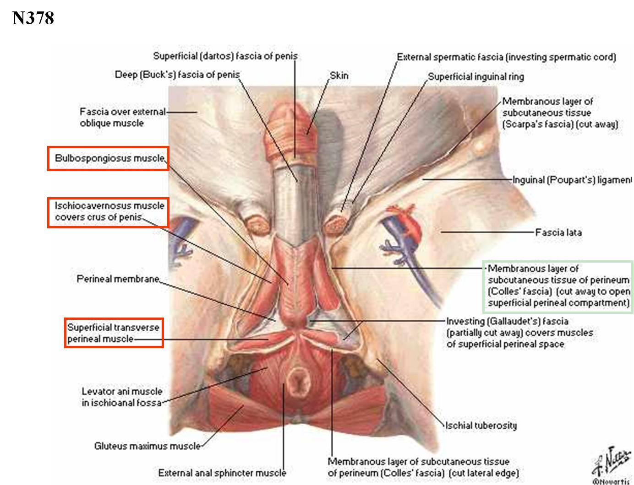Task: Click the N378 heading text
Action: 33,18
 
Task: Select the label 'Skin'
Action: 339,75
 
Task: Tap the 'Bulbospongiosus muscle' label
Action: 109,158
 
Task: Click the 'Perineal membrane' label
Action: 118,279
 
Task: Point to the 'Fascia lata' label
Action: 559,232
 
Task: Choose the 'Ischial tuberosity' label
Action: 481,426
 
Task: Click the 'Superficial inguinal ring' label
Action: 476,76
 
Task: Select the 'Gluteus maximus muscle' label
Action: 147,446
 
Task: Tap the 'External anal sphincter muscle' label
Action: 222,473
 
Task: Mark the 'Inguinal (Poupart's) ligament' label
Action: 572,180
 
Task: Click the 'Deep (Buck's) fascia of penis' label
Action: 177,75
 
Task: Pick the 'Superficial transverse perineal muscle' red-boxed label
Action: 114,333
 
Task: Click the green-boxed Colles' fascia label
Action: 558,286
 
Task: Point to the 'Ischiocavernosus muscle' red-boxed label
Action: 109,211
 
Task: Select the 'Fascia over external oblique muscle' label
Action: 122,117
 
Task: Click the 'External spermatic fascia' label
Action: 506,57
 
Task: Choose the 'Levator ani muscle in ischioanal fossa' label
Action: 122,397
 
